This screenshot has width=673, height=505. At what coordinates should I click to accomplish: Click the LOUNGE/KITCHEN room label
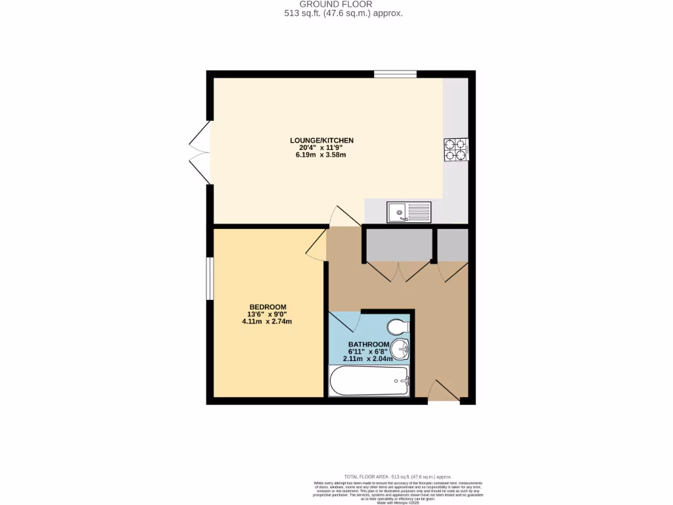[x=322, y=140]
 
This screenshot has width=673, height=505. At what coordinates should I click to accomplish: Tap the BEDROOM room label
[x=267, y=307]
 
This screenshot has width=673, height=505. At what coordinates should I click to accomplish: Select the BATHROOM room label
[x=369, y=344]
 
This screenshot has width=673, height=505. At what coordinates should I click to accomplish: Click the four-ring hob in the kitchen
[x=455, y=149]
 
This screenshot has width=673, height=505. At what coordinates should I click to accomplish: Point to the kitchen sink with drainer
[x=409, y=212]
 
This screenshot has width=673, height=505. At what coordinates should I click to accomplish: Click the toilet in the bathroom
[x=398, y=327]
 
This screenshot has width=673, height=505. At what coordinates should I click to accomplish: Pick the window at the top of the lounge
[x=395, y=74]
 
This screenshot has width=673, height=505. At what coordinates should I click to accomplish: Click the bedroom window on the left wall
[x=208, y=278]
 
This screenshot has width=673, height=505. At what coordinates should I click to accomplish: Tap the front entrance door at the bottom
[x=443, y=392]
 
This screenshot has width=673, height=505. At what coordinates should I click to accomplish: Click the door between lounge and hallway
[x=344, y=218]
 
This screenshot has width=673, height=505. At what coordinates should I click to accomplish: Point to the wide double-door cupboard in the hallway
[x=398, y=253]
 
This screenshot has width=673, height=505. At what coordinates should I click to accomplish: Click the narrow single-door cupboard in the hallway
[x=452, y=253]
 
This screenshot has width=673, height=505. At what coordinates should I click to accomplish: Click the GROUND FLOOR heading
[x=336, y=4]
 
